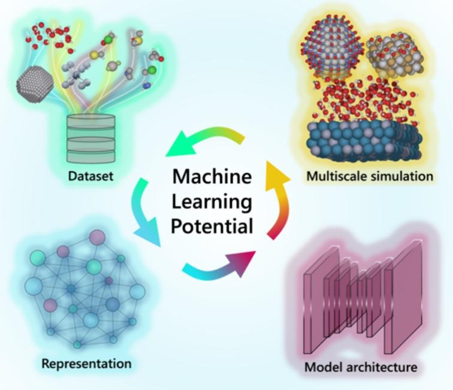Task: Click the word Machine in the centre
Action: coord(212,177)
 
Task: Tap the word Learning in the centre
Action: coord(212,202)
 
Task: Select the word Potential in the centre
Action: coord(212,226)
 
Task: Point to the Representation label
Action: coord(86,363)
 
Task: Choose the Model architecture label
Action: coord(361,367)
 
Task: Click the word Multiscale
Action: coord(332,176)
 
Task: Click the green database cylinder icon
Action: coord(90,138)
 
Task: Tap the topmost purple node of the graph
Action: coord(97,237)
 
